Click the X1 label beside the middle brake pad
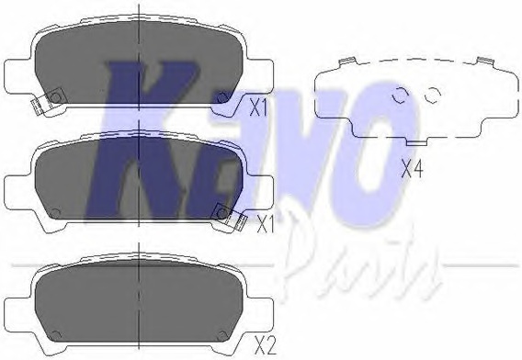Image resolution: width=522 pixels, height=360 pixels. click(266, 225)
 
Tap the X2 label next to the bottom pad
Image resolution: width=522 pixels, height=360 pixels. click(265, 346)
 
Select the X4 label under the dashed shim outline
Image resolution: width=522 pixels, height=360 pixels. click(412, 169)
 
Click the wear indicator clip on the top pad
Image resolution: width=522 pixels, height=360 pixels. click(48, 101)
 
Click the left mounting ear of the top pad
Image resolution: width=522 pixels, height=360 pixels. click(19, 76)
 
